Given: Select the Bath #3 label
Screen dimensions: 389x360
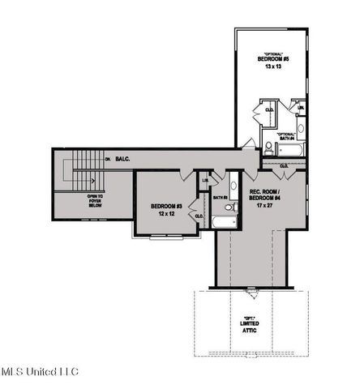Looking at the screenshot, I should pos(219,197).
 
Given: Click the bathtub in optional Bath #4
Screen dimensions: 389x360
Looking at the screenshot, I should pos(289,149).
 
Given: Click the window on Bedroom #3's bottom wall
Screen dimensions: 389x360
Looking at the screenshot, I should pos(166,236).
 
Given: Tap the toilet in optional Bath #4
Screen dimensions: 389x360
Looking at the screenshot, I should pos(268,146).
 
